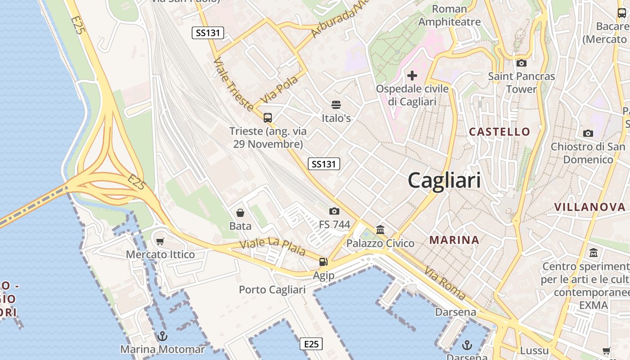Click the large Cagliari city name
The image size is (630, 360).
[x=444, y=181]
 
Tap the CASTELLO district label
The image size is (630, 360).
[x=499, y=132]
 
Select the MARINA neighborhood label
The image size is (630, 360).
[x=454, y=240]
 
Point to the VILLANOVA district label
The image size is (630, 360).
[x=589, y=207]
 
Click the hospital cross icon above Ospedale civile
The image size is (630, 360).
[x=412, y=76]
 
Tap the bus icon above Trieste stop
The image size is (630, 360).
[x=268, y=118]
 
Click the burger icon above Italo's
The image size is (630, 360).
[x=336, y=105]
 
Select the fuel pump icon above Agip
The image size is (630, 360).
[x=323, y=262]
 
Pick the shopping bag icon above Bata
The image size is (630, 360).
[x=240, y=212]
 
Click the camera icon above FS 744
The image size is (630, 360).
[x=334, y=211]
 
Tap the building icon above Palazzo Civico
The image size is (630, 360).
[x=380, y=230]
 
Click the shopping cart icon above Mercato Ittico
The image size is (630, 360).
[x=160, y=241]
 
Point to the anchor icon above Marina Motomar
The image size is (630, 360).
[x=162, y=336]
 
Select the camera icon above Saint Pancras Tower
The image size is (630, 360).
[x=522, y=63]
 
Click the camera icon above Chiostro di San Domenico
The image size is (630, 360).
[x=588, y=133]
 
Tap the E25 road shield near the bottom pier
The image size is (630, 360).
[x=311, y=344]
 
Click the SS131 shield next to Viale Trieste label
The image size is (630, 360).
[x=208, y=32]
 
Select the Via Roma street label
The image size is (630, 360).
[x=445, y=283]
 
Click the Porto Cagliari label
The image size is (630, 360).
[x=272, y=290]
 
